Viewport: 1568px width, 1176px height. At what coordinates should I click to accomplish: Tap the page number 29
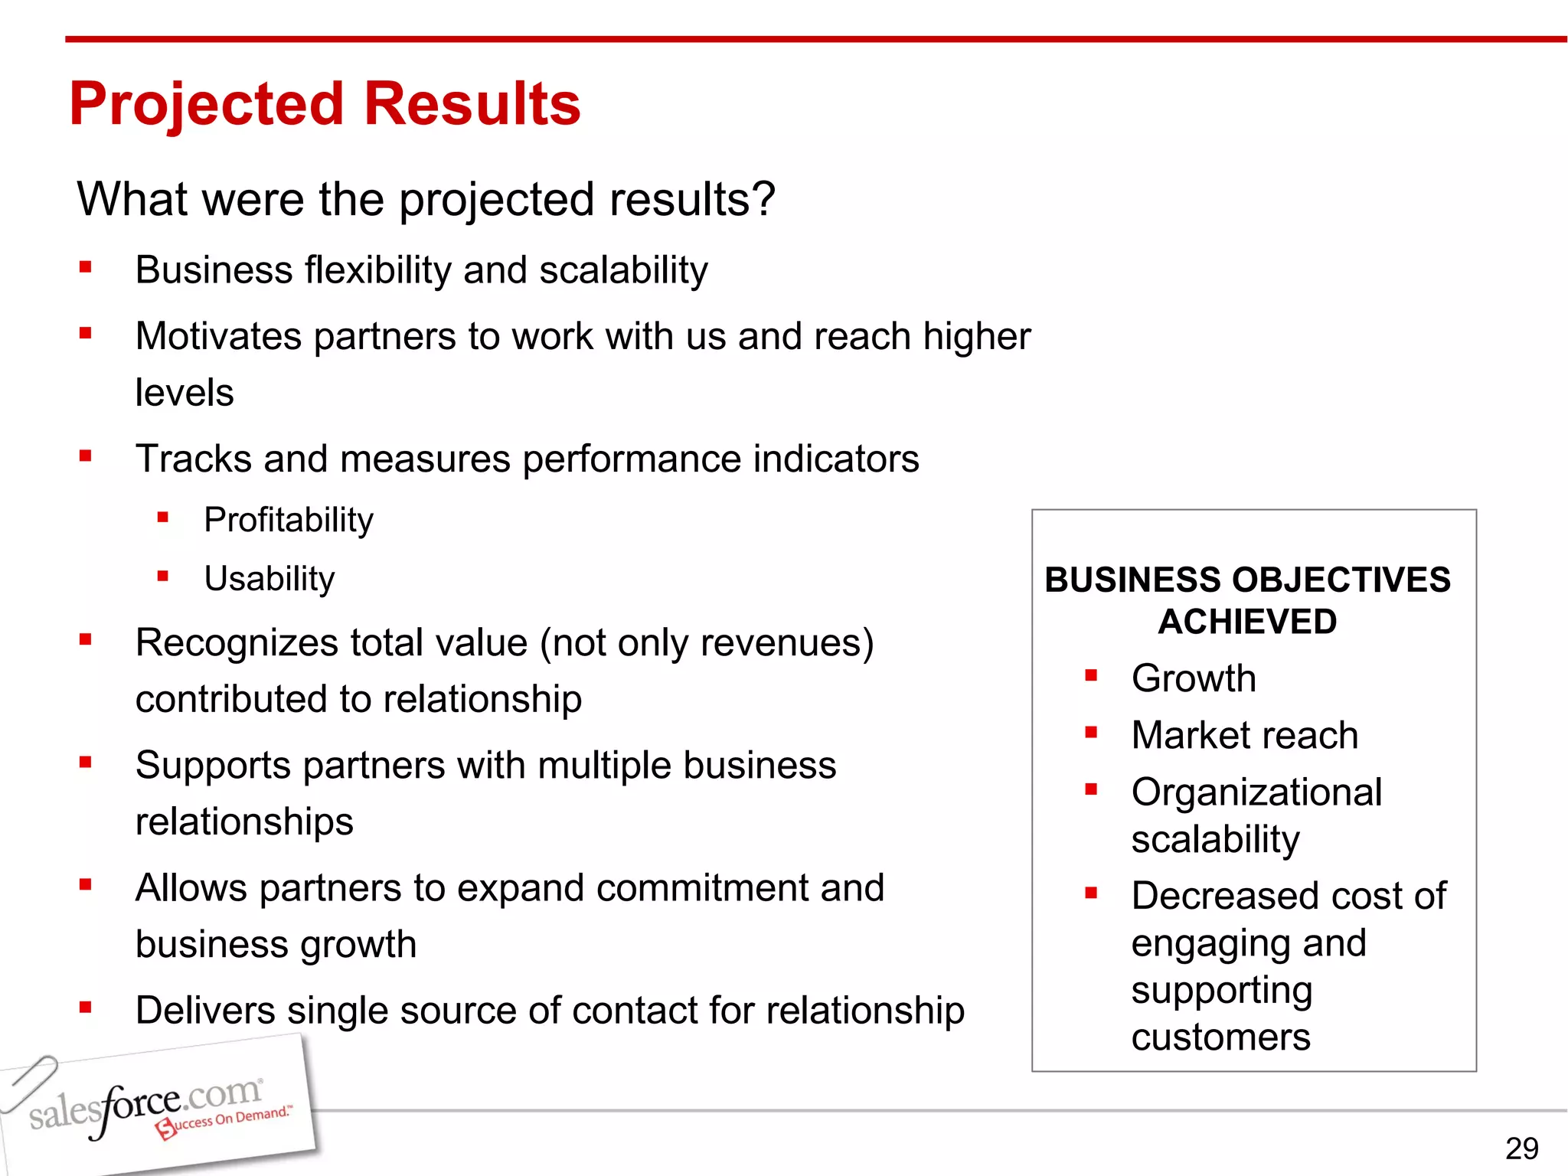tap(1521, 1148)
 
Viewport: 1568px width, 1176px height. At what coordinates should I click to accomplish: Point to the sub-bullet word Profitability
tap(289, 520)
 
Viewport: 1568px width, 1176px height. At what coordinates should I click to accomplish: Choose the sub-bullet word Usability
tap(269, 579)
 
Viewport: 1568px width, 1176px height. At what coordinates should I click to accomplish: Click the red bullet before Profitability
tap(162, 518)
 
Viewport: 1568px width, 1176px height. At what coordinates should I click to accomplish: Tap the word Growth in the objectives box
tap(1194, 678)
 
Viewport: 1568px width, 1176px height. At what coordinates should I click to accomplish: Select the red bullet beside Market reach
tap(1091, 733)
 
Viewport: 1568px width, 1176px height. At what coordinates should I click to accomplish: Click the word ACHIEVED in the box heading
tap(1247, 622)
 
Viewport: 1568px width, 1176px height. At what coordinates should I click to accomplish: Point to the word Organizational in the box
tap(1256, 792)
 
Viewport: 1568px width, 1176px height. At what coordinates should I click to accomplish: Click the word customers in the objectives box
tap(1220, 1037)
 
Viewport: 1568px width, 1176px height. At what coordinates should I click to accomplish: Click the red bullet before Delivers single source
tap(85, 1008)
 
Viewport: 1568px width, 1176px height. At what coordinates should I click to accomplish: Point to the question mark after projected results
tap(763, 199)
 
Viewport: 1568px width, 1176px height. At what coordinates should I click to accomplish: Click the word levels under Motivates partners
tap(185, 393)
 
